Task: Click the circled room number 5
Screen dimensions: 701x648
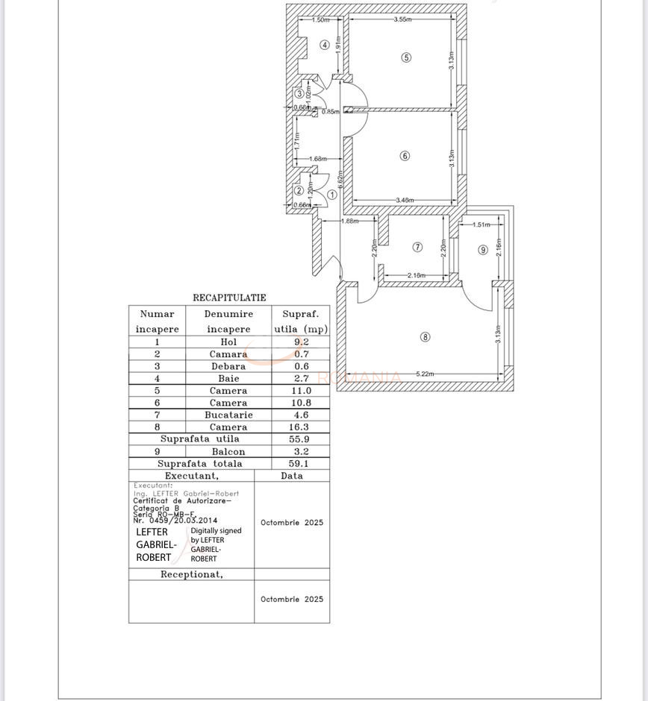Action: pos(406,57)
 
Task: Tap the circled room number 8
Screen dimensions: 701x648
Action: pos(426,337)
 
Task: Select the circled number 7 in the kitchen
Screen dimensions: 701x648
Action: pos(417,247)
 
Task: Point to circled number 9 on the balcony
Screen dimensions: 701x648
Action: pos(483,250)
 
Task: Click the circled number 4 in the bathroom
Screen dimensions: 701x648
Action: pos(325,45)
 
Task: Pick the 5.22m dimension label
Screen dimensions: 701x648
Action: pos(426,374)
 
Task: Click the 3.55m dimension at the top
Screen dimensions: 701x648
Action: pos(402,19)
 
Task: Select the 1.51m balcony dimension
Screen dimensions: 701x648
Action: pos(482,224)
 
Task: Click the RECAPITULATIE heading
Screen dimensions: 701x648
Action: pos(229,298)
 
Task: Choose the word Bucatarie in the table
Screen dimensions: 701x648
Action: pos(228,415)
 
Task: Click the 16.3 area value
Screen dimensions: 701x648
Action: pos(300,427)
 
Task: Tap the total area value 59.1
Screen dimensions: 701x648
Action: pos(300,464)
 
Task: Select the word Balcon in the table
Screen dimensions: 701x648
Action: pos(228,452)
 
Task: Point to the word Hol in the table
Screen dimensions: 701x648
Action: pos(228,342)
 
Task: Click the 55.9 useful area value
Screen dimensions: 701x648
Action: pos(300,439)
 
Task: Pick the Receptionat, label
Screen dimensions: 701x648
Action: pos(192,574)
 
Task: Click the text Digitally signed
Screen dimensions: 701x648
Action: pos(216,531)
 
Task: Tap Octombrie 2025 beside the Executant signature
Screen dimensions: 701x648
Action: pos(292,523)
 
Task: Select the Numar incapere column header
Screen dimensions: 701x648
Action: pos(157,321)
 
